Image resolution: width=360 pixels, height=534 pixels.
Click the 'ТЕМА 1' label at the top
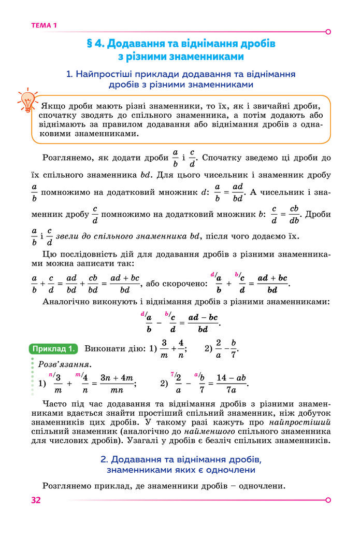44,25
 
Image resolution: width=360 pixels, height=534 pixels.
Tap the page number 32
36,500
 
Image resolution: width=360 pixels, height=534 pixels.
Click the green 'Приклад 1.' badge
54,348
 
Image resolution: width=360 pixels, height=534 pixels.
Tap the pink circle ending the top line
328,32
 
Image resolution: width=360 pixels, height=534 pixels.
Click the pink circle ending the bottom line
328,500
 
